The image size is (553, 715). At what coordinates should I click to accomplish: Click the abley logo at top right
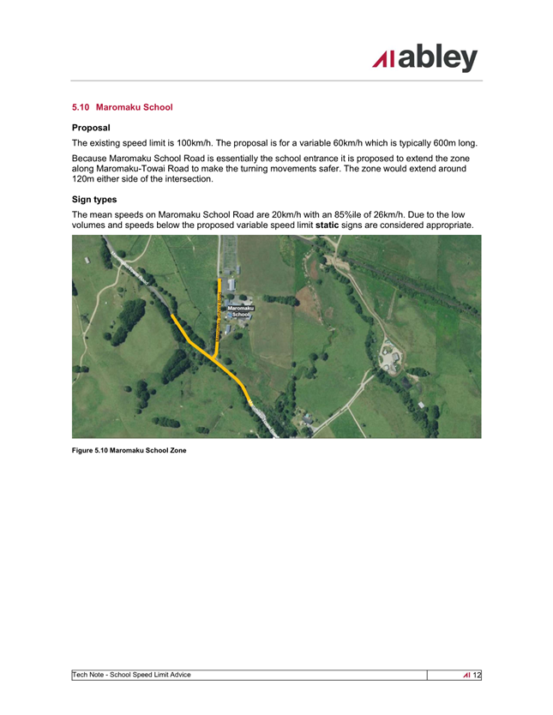[425, 58]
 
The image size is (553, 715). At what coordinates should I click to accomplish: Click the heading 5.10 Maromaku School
[123, 107]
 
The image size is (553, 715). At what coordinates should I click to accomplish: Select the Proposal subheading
[90, 127]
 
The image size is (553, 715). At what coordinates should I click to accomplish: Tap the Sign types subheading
[94, 199]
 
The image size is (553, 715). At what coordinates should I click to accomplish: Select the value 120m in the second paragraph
[86, 180]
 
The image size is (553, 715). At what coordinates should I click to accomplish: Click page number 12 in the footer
[477, 676]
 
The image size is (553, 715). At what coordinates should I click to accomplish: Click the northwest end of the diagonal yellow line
[172, 315]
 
